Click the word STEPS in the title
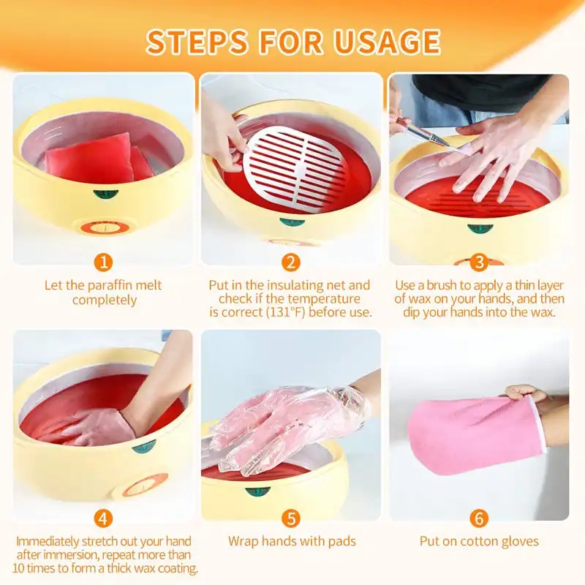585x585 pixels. tap(197, 41)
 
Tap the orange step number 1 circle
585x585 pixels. tap(103, 263)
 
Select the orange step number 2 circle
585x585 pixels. tap(291, 263)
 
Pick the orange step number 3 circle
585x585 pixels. tap(479, 263)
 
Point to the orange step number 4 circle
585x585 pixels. tap(103, 518)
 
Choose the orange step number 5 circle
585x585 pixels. tap(291, 518)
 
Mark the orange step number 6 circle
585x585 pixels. tap(479, 518)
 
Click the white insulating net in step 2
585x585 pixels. tap(295, 169)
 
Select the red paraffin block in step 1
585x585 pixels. tap(98, 158)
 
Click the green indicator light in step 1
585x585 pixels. tap(106, 195)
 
